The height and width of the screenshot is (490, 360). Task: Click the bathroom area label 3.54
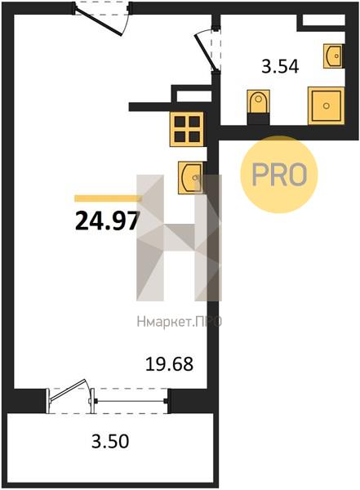tap(280, 67)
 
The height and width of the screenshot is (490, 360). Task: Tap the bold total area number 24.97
tap(107, 220)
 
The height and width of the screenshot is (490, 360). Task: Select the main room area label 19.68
tap(169, 364)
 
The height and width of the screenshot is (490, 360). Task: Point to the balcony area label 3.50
tap(110, 442)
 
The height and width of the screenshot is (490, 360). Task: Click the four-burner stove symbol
tap(187, 129)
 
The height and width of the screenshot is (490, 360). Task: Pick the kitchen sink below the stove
tap(190, 177)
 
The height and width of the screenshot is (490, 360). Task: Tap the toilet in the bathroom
tap(258, 102)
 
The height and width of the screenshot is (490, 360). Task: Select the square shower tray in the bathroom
tap(326, 105)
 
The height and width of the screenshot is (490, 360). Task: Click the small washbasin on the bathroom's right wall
tap(333, 56)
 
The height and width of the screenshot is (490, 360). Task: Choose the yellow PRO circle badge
tap(278, 175)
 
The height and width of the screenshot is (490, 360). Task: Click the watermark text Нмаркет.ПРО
tap(180, 321)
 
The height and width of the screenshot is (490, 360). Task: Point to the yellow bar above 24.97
tap(108, 198)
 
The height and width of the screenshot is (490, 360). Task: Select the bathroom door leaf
tap(205, 53)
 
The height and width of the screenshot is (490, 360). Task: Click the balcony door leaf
tap(68, 389)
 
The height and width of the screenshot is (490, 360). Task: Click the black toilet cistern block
tap(258, 119)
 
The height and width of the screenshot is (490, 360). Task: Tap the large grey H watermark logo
tap(179, 238)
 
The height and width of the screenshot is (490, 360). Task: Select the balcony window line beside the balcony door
tap(131, 401)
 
